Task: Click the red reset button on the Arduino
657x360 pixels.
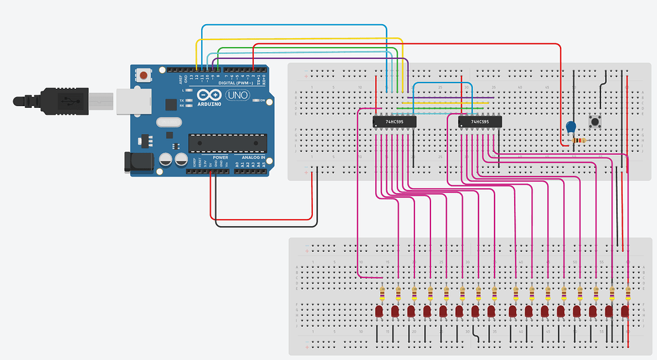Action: tap(144, 76)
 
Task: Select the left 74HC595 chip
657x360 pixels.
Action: tap(394, 121)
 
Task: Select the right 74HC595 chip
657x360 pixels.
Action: tap(480, 121)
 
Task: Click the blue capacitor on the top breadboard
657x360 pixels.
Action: tap(571, 127)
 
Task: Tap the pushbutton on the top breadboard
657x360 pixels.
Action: tap(595, 121)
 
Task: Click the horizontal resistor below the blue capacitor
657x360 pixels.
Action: tap(578, 140)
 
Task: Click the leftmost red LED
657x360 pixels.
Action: tap(380, 312)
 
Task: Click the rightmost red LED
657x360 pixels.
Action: tap(625, 312)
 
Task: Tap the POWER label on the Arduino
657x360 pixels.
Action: tap(220, 157)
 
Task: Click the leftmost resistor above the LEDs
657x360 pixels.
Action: tap(382, 293)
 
